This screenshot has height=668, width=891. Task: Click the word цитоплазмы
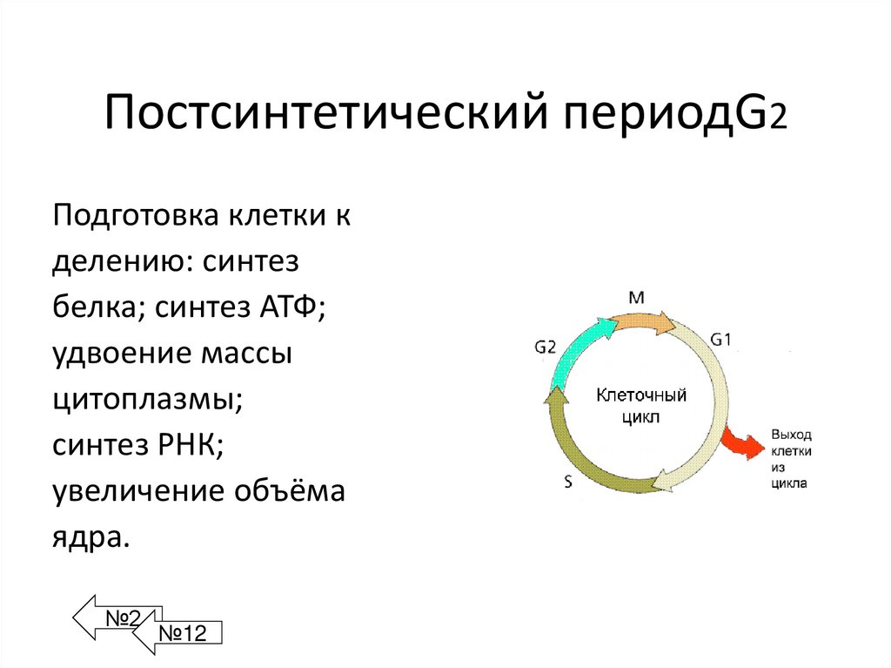146,401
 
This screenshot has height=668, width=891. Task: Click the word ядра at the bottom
90,537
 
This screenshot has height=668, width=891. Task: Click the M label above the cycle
636,298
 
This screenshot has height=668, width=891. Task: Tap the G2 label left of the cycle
545,346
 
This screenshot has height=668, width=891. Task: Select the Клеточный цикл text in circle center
640,406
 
